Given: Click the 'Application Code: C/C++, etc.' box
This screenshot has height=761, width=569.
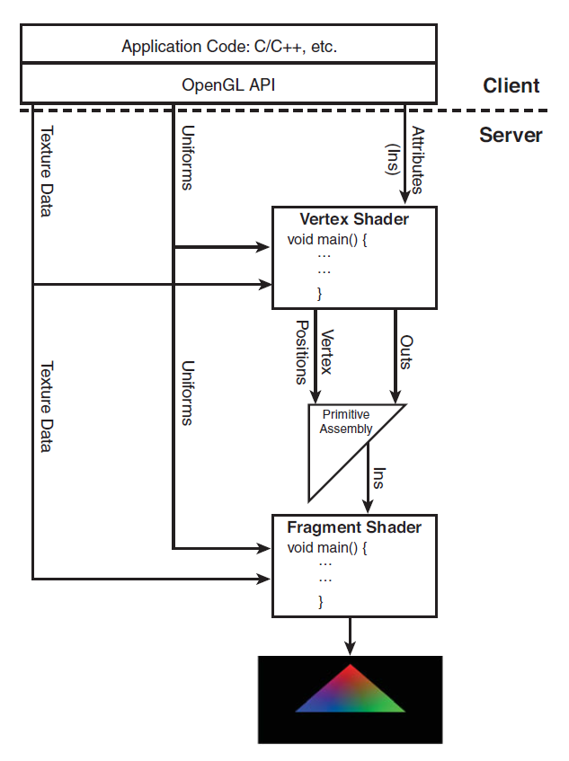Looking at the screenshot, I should click(x=229, y=47).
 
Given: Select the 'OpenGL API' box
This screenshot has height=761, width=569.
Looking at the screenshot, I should click(x=229, y=84).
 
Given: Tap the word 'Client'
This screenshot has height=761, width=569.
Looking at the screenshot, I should click(x=511, y=86).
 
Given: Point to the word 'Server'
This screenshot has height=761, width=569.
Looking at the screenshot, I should click(x=511, y=135).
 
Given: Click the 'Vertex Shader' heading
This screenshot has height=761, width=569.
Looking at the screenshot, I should click(x=353, y=220).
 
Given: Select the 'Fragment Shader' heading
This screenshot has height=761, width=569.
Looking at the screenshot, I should click(x=353, y=527).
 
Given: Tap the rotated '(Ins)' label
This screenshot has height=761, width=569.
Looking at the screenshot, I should click(x=393, y=160).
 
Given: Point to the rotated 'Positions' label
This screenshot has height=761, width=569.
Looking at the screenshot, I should click(x=303, y=352).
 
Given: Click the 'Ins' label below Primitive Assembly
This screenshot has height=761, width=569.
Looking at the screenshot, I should click(x=379, y=478).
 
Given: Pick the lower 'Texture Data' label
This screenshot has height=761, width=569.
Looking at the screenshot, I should click(x=46, y=406).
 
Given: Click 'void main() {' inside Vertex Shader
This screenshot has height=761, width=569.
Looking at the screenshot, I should click(x=328, y=240).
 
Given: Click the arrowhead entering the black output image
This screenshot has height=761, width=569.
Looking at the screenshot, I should click(x=351, y=649).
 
